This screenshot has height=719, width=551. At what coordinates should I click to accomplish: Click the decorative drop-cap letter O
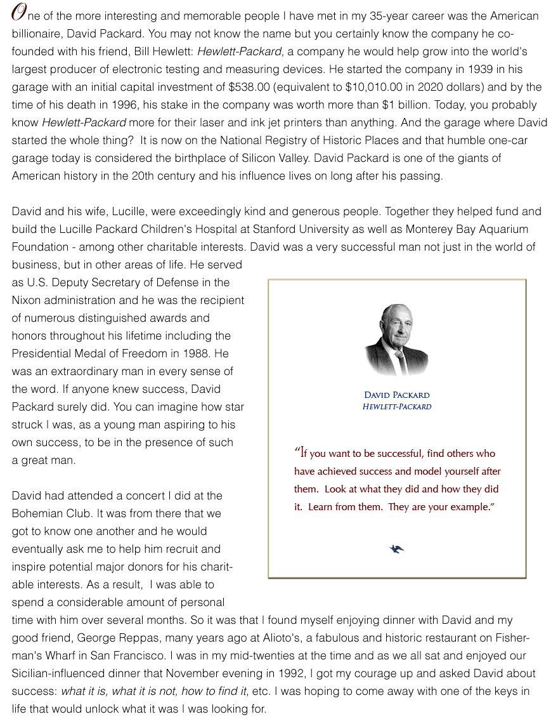point(19,15)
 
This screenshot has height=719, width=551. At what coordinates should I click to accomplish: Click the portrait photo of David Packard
point(396,340)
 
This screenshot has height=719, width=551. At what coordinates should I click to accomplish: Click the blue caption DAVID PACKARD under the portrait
point(396,395)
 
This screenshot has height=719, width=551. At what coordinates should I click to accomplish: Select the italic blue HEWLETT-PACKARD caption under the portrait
point(396,407)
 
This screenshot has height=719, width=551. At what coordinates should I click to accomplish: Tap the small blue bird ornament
point(397,549)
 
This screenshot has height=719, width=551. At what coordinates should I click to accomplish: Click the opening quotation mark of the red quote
point(297,451)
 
